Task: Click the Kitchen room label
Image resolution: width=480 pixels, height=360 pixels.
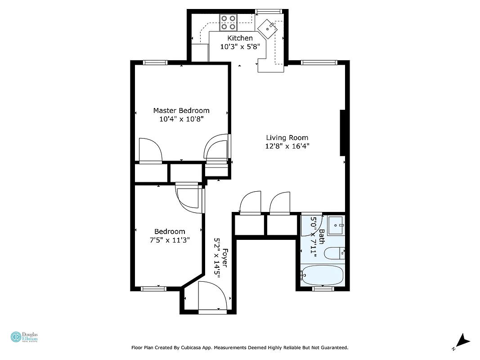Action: (240, 38)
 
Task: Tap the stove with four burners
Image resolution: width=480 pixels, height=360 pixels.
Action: (229, 22)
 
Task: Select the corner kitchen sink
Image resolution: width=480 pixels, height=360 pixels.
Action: (269, 28)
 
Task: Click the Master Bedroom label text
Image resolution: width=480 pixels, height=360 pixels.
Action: (181, 111)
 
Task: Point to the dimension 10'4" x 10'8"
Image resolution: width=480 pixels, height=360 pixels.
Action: (181, 119)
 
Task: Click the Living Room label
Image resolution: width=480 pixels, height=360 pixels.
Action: (287, 138)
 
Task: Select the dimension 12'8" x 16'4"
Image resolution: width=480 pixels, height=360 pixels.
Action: (287, 146)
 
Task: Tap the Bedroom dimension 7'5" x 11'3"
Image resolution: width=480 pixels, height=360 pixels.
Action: (170, 240)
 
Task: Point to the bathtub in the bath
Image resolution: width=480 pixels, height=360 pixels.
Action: (323, 275)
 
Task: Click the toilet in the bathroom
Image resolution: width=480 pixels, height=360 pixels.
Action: (334, 253)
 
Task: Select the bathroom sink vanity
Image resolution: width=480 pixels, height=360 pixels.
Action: (336, 225)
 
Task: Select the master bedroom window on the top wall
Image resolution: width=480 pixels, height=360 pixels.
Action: (155, 63)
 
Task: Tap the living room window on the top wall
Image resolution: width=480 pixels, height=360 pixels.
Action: (319, 63)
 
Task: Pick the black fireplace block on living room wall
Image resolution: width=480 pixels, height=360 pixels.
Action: (342, 132)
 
